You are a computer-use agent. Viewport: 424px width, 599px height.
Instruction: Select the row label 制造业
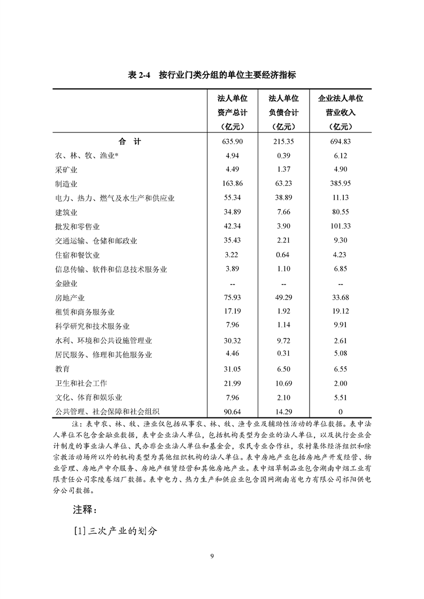click(67, 184)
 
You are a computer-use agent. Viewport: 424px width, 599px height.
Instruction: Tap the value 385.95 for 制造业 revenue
click(341, 184)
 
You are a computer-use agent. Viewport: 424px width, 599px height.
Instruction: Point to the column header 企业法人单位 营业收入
click(341, 113)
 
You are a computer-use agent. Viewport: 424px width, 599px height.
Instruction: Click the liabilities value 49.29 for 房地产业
click(283, 298)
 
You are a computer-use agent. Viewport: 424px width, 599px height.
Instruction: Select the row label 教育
click(63, 369)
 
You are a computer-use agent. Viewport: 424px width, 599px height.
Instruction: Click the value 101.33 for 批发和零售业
click(341, 227)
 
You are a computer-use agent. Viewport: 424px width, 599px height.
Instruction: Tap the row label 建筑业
click(67, 212)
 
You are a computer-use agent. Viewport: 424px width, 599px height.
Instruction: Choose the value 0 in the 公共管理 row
click(341, 412)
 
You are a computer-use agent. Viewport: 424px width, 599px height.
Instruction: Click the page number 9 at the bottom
click(212, 557)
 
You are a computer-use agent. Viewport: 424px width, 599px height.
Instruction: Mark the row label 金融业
click(67, 283)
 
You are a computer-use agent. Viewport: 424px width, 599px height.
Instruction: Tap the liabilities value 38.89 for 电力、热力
click(283, 198)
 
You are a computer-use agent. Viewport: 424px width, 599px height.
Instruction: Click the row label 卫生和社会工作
click(81, 383)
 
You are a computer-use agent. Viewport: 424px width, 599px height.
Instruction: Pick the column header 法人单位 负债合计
click(283, 113)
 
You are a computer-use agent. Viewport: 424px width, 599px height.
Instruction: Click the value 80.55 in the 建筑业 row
click(341, 212)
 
